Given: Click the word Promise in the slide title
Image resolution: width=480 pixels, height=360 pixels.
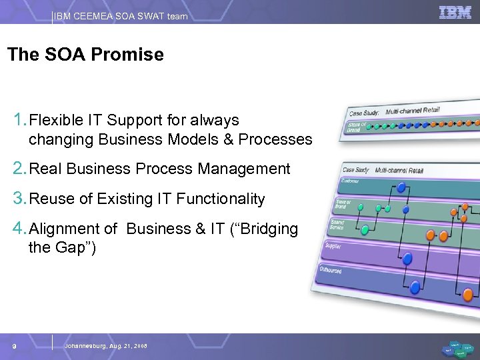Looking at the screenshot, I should [131, 55].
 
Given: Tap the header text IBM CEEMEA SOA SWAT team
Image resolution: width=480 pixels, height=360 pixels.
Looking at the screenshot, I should [121, 16].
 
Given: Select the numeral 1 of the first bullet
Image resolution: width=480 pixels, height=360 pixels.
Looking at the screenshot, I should [19, 121].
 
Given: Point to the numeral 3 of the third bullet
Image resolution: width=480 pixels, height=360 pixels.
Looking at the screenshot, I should [19, 199].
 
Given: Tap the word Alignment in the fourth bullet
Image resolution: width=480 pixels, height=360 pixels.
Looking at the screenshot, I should [73, 229].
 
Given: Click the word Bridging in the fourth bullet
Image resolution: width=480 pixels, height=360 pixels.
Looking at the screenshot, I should [269, 229].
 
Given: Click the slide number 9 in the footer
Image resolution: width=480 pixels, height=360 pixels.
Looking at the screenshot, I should [14, 346].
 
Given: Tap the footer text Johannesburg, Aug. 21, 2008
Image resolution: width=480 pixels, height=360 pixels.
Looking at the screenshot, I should [106, 346].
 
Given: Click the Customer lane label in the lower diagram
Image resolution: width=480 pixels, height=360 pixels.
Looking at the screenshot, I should [351, 181].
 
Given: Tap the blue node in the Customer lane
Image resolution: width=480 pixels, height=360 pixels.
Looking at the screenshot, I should [401, 188].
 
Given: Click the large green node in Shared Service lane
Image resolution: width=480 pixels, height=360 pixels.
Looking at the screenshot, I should [365, 231].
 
